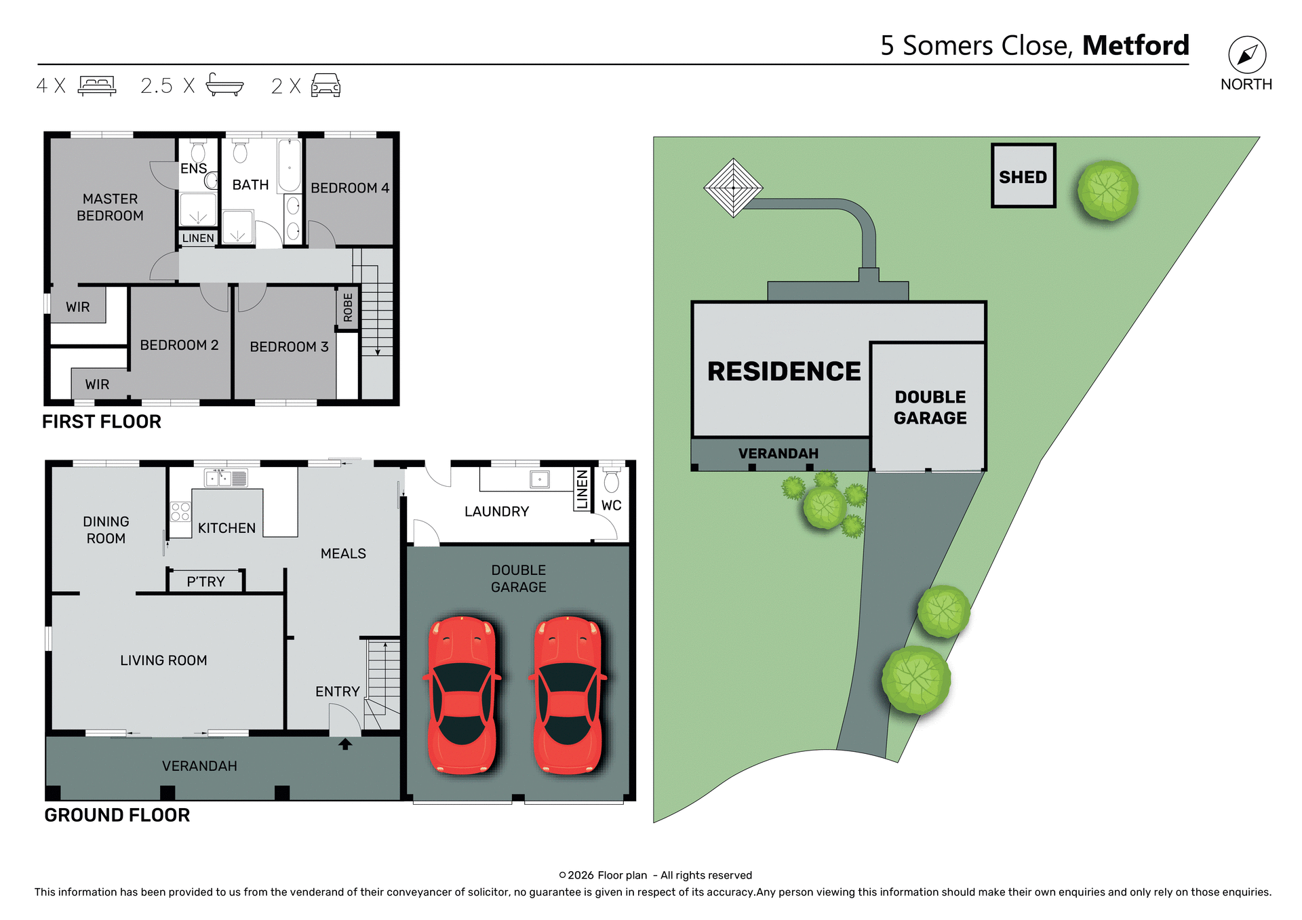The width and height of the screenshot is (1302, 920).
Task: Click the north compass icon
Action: point(1246,55)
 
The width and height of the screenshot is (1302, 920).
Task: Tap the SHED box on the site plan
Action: point(1023,176)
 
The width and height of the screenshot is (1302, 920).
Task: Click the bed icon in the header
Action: point(97,85)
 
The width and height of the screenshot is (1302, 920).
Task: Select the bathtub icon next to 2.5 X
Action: point(224,85)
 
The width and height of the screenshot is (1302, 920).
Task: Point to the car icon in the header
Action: point(325,85)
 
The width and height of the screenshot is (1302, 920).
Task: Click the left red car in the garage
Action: point(462,695)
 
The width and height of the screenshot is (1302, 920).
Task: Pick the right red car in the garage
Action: point(568,695)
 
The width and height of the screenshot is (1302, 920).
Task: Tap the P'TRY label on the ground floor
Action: point(205,582)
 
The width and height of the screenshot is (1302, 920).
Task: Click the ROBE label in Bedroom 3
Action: point(348,307)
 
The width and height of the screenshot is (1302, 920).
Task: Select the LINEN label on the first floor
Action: point(198,238)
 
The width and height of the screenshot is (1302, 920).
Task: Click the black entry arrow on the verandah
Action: point(345,744)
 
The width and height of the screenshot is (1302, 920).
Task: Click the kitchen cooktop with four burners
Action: point(180,511)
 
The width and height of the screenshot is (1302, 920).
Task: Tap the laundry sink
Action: point(540,479)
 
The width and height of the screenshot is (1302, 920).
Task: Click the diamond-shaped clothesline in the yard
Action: point(733,188)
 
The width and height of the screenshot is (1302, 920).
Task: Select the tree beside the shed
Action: point(1107,191)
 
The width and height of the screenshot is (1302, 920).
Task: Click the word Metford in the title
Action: point(1135,45)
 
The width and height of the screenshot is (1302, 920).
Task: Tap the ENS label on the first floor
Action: point(193,168)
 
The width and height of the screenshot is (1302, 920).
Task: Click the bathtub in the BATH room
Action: point(290,165)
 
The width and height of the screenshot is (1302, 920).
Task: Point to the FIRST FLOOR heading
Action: point(102,421)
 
